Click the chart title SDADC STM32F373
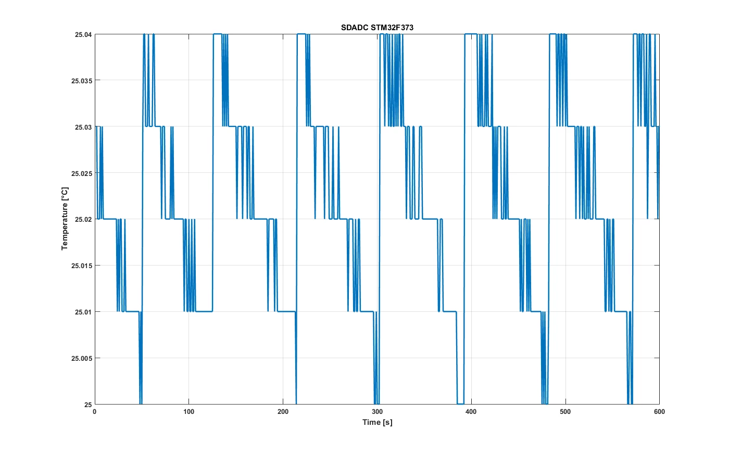pos(377,28)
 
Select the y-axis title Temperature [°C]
pos(65,218)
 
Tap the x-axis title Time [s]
pos(377,422)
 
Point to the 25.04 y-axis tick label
pos(83,34)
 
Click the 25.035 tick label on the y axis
pos(82,81)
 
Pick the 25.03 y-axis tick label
pos(83,127)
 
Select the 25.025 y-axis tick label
pos(82,173)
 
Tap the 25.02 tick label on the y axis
pos(83,219)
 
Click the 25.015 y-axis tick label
pos(82,266)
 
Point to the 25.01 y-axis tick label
pos(83,312)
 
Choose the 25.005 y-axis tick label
pos(82,358)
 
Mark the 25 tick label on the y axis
pos(88,405)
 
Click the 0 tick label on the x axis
pos(95,412)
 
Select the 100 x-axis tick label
pos(188,412)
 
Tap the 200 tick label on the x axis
pos(283,412)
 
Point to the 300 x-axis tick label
pos(377,412)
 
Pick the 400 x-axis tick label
pos(471,412)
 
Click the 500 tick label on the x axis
pos(565,412)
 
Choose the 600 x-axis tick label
pos(659,412)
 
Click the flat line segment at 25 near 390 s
pos(460,404)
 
